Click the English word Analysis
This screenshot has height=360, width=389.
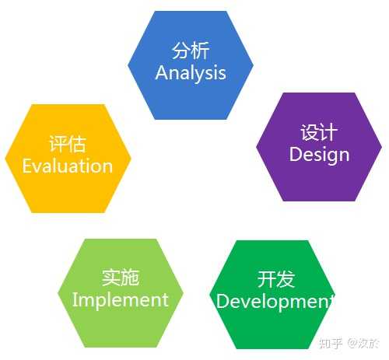click(x=191, y=73)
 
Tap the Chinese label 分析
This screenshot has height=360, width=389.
click(x=191, y=51)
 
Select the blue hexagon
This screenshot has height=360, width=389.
click(x=191, y=65)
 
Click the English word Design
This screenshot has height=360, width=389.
click(x=319, y=155)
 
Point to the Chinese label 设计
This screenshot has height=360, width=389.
click(x=319, y=132)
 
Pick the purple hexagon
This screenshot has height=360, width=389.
click(x=319, y=147)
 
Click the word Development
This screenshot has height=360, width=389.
click(x=275, y=302)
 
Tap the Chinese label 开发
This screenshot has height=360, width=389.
click(x=276, y=279)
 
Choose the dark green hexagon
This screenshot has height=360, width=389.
click(x=272, y=295)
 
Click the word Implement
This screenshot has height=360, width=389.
click(x=121, y=300)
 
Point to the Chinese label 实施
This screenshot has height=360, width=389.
click(x=121, y=278)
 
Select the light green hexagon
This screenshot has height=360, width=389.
click(x=121, y=293)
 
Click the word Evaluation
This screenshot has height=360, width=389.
click(x=68, y=166)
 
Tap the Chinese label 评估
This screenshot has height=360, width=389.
click(x=68, y=144)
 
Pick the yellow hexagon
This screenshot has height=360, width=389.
click(x=68, y=159)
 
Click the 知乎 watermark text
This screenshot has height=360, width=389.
click(x=331, y=343)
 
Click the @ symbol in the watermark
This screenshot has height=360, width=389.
click(x=352, y=343)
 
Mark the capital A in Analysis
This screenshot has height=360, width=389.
click(x=161, y=72)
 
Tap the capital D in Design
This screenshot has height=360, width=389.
click(x=295, y=154)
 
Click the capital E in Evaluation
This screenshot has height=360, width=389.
click(x=26, y=166)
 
